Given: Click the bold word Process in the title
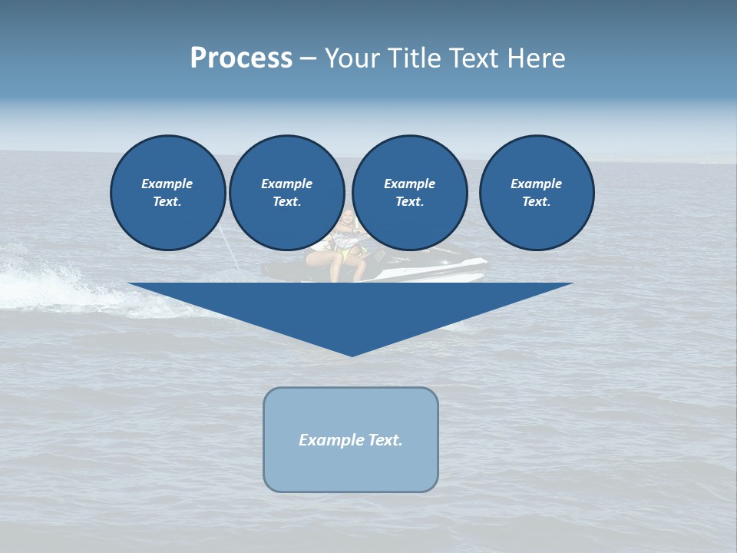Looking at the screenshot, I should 241,58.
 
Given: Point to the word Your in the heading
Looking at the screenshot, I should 352,58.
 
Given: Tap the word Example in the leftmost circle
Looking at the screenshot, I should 167,184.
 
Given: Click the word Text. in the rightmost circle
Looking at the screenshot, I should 537,201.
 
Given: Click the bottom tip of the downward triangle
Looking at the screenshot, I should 352,354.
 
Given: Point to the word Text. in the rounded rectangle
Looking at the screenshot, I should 386,440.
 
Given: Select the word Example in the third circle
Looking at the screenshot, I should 409,184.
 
